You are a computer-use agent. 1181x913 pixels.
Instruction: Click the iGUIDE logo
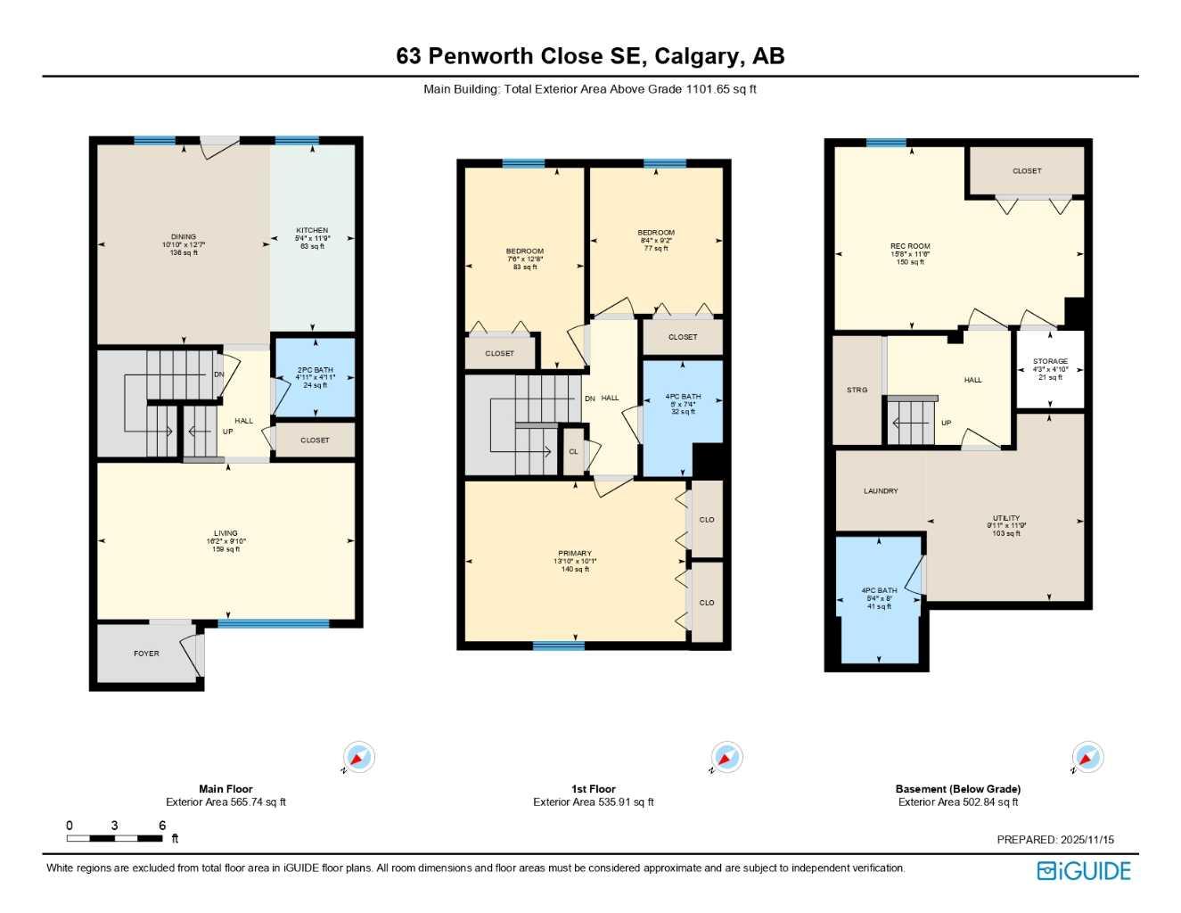pos(1084,871)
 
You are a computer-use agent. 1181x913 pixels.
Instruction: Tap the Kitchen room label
pos(312,231)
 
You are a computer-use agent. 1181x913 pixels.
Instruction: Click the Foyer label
pos(146,654)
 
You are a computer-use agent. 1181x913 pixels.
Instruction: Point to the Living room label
pos(226,533)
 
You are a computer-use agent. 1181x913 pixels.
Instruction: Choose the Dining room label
pos(184,237)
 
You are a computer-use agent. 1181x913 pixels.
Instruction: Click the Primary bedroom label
pos(575,554)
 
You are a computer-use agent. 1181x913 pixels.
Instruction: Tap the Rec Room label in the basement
pos(910,246)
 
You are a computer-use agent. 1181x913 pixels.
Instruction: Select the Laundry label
pos(881,491)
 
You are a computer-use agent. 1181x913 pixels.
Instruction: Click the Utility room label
pos(1006,518)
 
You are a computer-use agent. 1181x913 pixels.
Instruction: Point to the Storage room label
pos(1050,362)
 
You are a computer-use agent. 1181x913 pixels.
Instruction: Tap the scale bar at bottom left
pos(114,838)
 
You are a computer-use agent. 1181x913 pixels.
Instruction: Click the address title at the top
pos(590,56)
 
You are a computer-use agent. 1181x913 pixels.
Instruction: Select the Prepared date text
pos(1055,840)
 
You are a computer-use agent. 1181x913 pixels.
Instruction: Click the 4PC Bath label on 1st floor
pos(683,397)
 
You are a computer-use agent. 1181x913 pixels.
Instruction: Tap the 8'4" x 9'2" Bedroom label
pos(656,233)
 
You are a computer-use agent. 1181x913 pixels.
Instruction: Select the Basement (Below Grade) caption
pos(958,789)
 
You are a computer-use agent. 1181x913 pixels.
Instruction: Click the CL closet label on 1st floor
pos(573,452)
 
